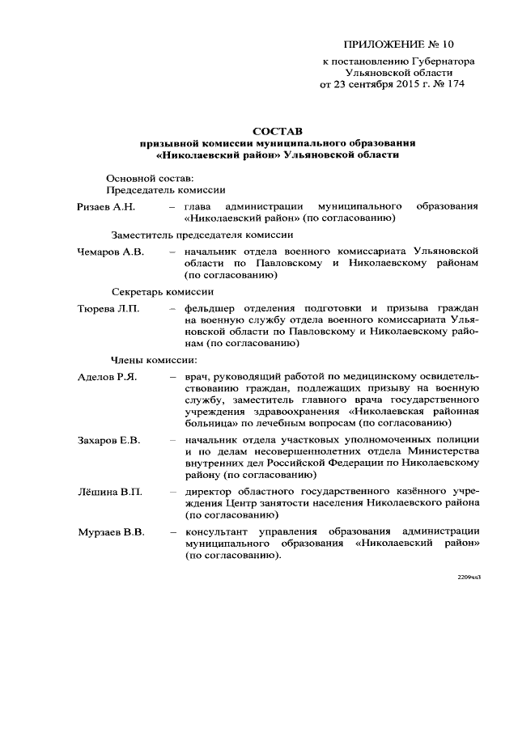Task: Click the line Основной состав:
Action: click(x=149, y=177)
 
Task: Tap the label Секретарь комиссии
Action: click(x=162, y=291)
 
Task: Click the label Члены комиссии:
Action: click(x=153, y=360)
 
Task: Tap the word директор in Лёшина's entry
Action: click(x=210, y=492)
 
